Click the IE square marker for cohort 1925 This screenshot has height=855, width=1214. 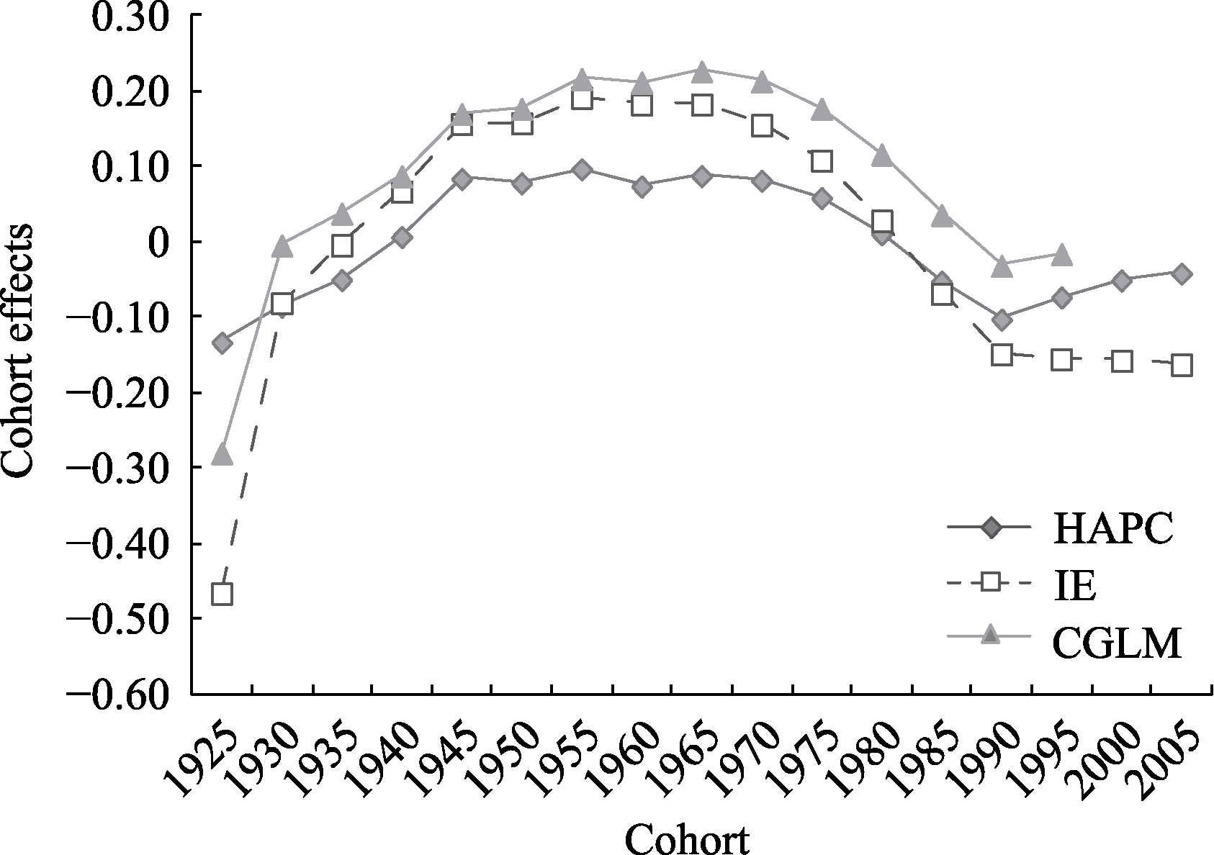click(222, 594)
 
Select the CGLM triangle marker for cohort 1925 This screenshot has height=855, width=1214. click(222, 455)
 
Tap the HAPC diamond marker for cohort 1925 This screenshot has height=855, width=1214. click(222, 343)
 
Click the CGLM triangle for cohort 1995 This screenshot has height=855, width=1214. click(1061, 255)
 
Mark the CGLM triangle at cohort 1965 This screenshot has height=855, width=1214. click(702, 71)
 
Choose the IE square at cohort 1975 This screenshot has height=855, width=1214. click(822, 161)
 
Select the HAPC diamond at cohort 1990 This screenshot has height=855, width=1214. click(1002, 320)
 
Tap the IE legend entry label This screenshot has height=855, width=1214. click(1076, 587)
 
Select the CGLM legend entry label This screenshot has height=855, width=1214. click(1117, 643)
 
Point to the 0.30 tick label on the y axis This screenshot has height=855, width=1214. click(127, 16)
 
